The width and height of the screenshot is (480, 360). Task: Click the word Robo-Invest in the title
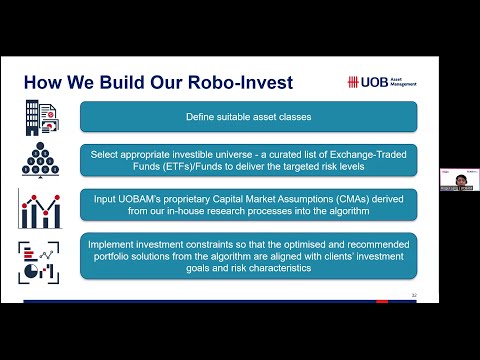point(245,82)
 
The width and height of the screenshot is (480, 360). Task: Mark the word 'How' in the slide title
point(43,82)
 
